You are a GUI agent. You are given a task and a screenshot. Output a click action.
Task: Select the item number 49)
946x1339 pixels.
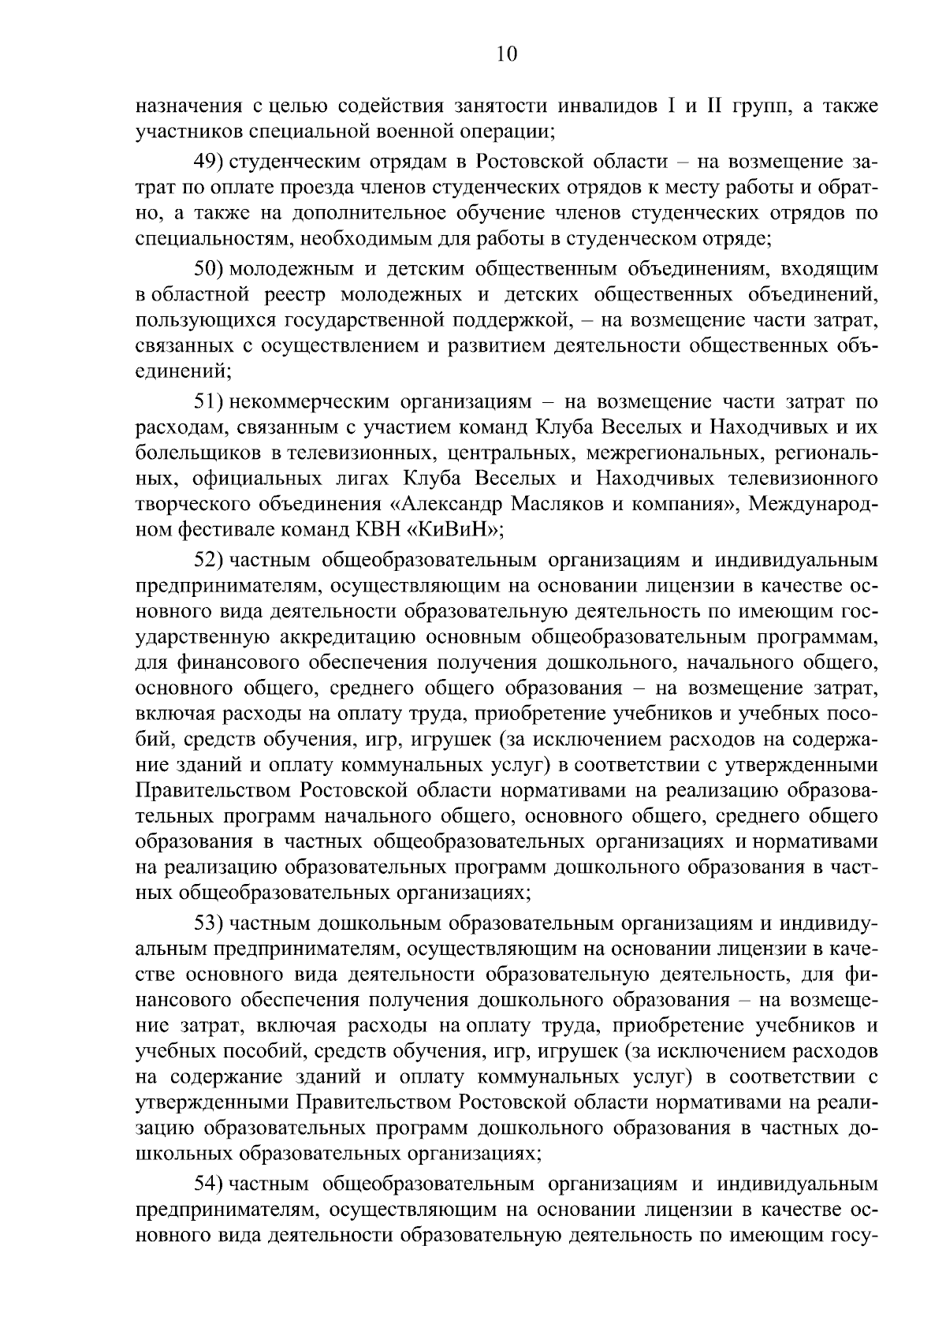210,162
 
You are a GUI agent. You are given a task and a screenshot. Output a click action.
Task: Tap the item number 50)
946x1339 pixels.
210,269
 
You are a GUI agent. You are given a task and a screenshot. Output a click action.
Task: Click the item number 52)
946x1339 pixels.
210,561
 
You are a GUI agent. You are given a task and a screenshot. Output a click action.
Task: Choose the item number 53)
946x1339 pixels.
210,923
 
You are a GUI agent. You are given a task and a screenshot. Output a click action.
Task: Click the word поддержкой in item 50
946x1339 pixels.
516,321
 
